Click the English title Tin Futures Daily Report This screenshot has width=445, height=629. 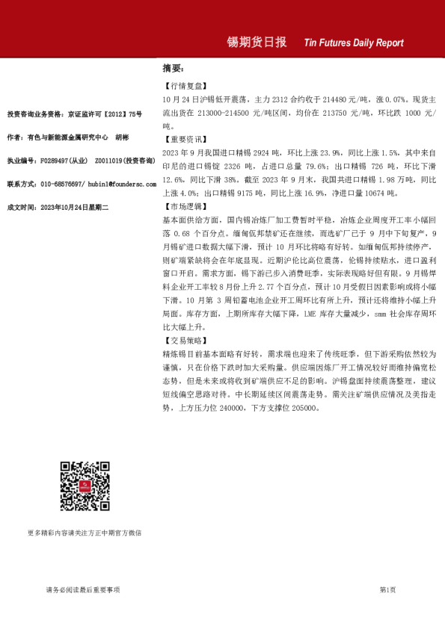[x=354, y=43]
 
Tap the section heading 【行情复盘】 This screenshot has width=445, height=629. [x=183, y=86]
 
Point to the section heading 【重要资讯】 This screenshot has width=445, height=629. [x=183, y=139]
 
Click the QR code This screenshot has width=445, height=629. [x=85, y=486]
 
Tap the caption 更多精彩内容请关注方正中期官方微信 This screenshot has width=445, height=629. [x=84, y=533]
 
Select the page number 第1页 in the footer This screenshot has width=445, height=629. [x=387, y=589]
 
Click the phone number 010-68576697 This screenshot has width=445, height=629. [x=61, y=183]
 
